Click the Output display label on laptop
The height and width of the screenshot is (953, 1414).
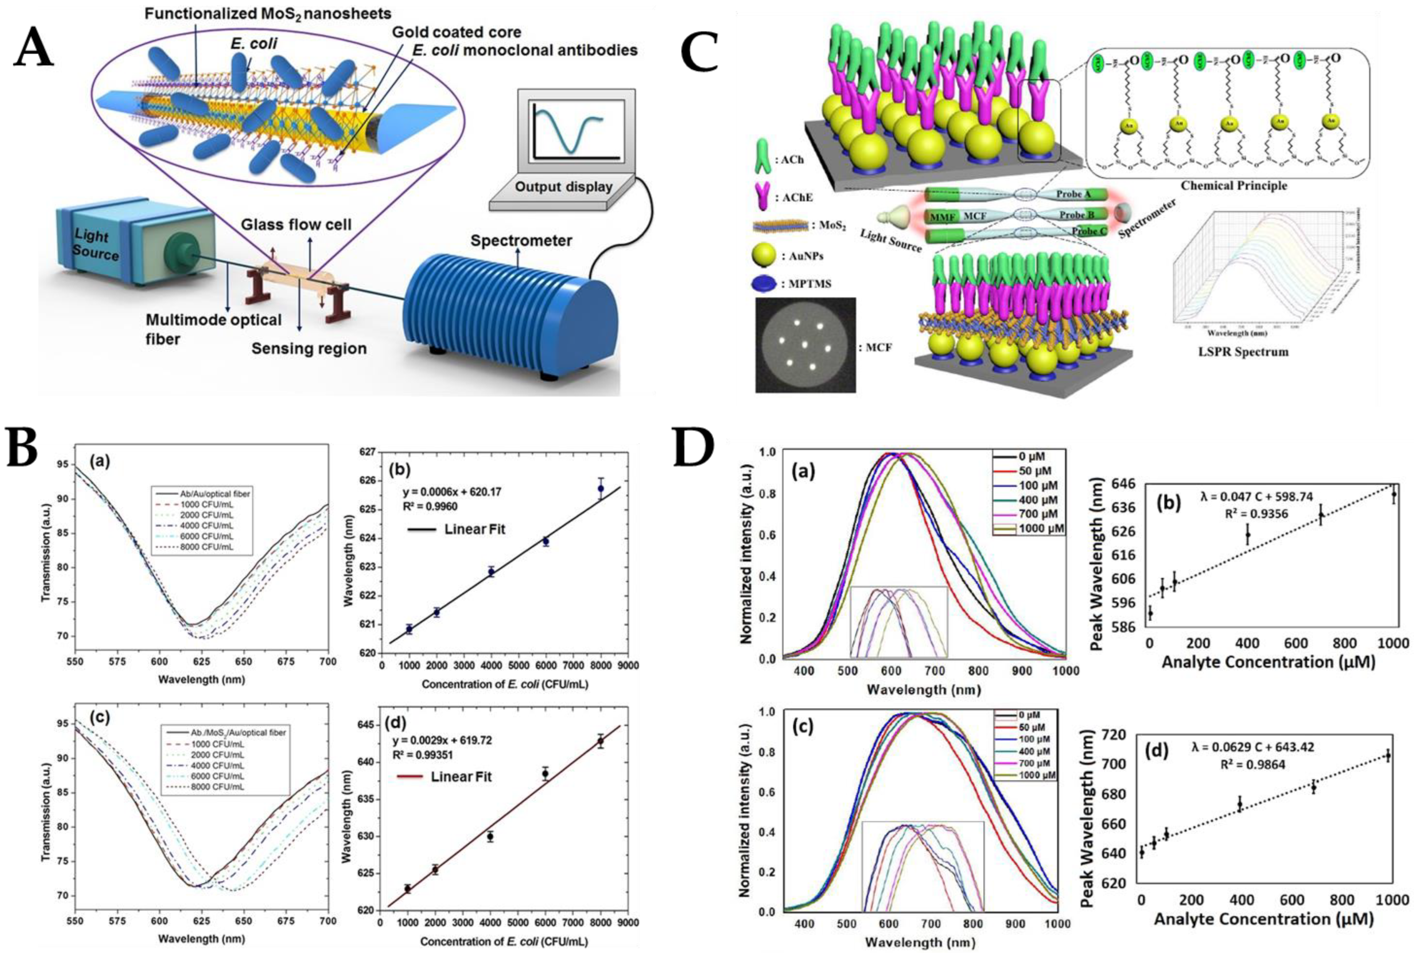click(563, 186)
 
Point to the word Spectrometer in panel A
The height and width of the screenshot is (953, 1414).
click(522, 241)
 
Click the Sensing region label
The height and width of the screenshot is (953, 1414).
click(309, 348)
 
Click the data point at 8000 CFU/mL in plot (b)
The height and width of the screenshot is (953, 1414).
click(601, 488)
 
